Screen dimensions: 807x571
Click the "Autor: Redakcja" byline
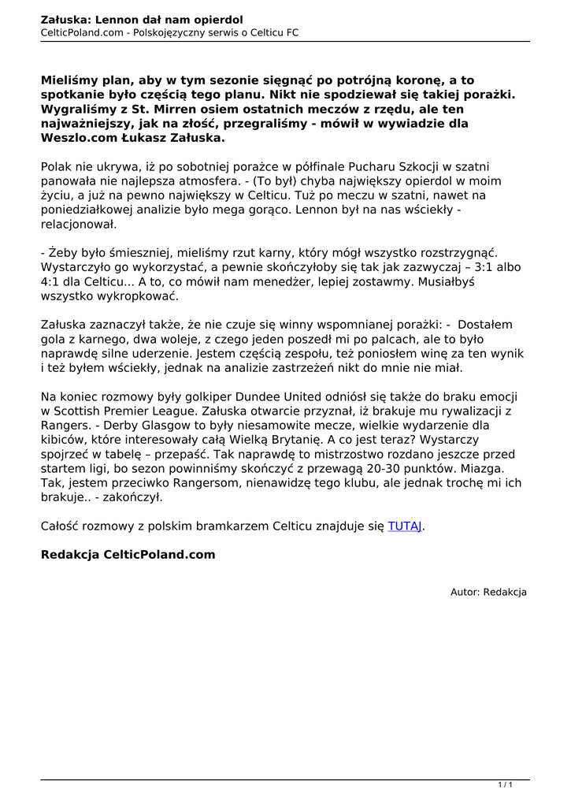(x=488, y=592)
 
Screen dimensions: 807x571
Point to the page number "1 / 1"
(x=506, y=784)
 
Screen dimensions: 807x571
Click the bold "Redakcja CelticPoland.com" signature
(x=128, y=554)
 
